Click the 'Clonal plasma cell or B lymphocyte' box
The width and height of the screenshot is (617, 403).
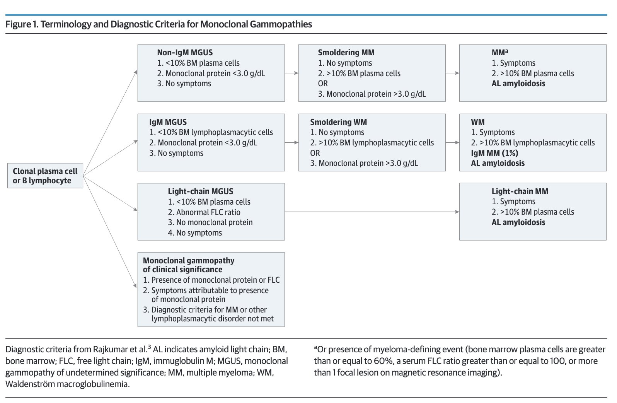(45, 176)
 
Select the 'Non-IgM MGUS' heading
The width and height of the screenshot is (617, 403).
(185, 52)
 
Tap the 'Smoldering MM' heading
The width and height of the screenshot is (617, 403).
(346, 52)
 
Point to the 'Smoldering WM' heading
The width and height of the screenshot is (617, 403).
(338, 122)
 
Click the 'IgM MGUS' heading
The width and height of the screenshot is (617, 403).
(168, 122)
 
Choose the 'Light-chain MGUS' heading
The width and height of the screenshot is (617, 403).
(201, 191)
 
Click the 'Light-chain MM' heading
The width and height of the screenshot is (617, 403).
(520, 191)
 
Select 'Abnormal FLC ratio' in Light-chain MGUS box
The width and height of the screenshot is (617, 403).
(208, 212)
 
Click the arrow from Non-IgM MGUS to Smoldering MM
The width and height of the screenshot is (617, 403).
(291, 73)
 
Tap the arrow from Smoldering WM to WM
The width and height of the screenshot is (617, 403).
(452, 142)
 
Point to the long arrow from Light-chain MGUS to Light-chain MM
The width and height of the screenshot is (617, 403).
(372, 212)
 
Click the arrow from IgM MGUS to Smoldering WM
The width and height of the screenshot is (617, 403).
(291, 142)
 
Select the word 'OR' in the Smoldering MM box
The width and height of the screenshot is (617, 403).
(323, 84)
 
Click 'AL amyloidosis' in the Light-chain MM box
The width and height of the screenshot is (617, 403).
(518, 222)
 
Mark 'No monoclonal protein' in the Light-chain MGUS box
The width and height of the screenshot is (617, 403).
(214, 222)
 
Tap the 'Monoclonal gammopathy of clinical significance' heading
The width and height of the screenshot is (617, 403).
(188, 265)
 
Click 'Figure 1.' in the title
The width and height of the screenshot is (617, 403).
(22, 24)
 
